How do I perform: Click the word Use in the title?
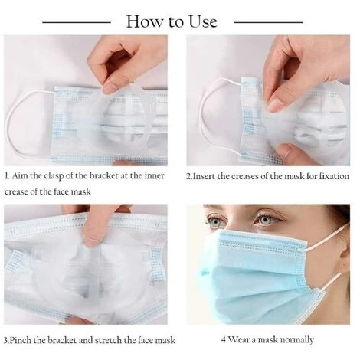click(203, 21)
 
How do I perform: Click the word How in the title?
click(145, 21)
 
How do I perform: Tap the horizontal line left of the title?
click(77, 22)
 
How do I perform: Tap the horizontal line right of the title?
click(268, 22)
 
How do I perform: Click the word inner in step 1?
click(155, 175)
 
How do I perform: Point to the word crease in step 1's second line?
click(16, 192)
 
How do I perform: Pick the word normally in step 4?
click(297, 340)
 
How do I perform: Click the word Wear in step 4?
click(237, 339)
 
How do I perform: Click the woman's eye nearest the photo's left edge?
click(214, 221)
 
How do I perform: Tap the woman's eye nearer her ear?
click(266, 219)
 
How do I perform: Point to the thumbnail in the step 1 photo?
click(110, 87)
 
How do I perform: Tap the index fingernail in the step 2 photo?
click(275, 105)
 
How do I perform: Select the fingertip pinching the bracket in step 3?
click(90, 239)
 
